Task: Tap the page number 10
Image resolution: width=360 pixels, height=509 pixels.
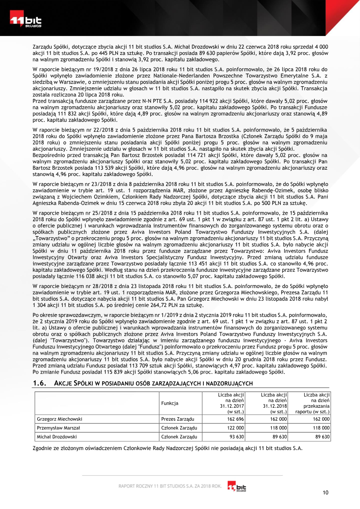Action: click(325, 492)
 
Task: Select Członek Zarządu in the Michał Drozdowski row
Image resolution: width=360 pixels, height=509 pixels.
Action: click(179, 437)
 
